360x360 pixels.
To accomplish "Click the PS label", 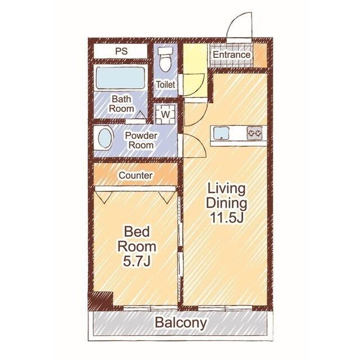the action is coord(121,51).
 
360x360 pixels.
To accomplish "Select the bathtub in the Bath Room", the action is coord(120,78).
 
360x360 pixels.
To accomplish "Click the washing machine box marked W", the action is coord(165,114).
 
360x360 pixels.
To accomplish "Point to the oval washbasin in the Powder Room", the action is coord(105,139).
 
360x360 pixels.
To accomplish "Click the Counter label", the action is coord(136,175).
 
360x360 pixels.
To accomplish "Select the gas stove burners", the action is coord(255,133).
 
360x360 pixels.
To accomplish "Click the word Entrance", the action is coord(231,55).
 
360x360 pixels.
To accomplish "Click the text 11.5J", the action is coord(227,218).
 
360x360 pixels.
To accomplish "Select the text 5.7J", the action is coord(137,261).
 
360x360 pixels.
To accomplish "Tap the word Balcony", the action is coord(181,323).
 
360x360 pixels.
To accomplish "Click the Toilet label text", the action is coord(165,85).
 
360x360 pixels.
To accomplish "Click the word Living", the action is coord(226,189).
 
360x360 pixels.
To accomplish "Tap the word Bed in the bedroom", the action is coord(137,232).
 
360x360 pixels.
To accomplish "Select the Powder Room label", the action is coord(141,140).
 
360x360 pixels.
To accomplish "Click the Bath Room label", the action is coord(121,103).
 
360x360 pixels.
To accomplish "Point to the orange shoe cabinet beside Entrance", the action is coord(260,56).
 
